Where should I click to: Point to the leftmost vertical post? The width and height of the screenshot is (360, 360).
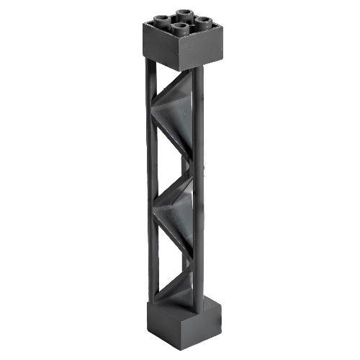tap(150, 180)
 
